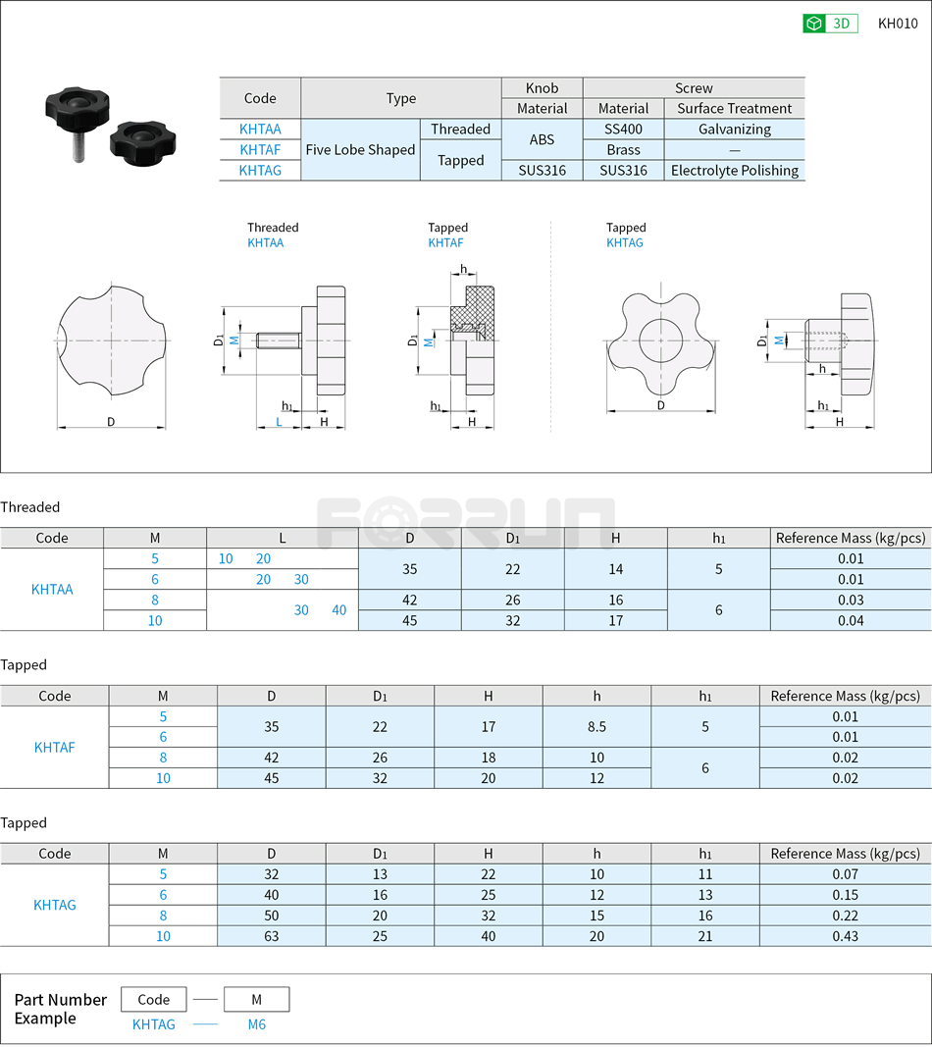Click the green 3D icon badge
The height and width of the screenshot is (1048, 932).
(x=830, y=24)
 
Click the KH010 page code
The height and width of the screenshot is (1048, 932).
(x=897, y=24)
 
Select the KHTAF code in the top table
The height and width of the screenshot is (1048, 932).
(x=260, y=150)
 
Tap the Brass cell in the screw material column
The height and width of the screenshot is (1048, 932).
(x=623, y=150)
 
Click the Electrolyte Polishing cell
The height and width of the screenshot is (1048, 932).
(x=735, y=171)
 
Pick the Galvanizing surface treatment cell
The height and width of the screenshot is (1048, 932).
(x=735, y=130)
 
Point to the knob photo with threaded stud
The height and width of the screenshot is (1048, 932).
(x=75, y=113)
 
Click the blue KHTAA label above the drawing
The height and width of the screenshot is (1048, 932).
(x=265, y=242)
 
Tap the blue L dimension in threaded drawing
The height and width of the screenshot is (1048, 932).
(x=279, y=421)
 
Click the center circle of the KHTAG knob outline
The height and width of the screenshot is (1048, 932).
(x=660, y=341)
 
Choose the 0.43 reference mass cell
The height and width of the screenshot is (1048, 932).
(x=845, y=936)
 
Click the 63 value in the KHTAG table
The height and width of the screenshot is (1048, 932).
(x=272, y=936)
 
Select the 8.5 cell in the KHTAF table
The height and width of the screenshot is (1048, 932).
(x=596, y=727)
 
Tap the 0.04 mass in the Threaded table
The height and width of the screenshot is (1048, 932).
(x=851, y=620)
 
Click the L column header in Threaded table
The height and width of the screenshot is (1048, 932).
(x=283, y=538)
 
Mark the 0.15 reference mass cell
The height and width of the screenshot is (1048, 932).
(x=845, y=895)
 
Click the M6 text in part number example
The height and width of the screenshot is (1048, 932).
(x=256, y=1024)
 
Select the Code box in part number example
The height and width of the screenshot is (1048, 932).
(x=154, y=1000)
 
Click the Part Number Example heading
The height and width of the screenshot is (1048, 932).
(x=60, y=1009)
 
